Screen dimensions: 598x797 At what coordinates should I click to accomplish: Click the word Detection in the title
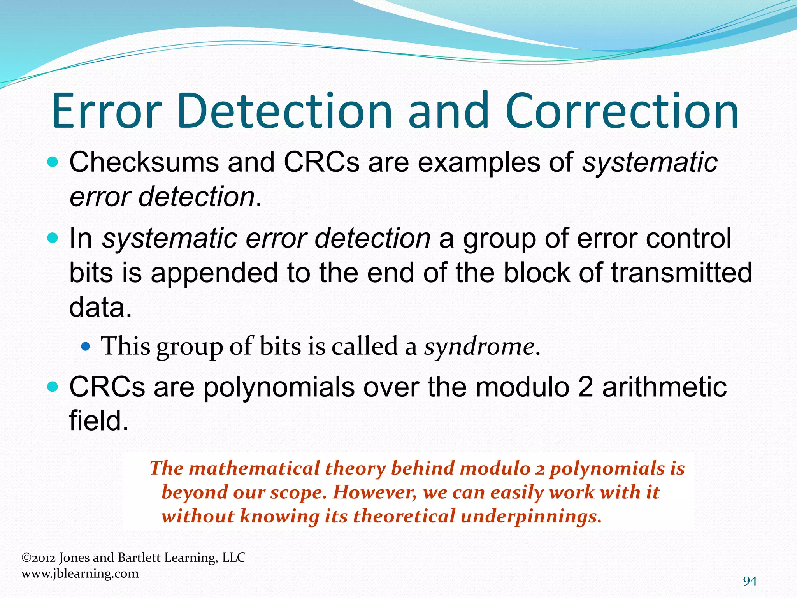284,111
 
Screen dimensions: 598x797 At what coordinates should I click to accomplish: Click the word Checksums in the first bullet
144,162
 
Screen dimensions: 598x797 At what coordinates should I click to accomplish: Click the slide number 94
750,581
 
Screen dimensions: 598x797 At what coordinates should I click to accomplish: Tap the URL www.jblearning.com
80,573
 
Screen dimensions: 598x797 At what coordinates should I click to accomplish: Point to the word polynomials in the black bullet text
279,388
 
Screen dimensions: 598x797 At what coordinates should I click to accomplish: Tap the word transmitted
681,273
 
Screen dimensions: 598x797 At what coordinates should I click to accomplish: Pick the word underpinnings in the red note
531,517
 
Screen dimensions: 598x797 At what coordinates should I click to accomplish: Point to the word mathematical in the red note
254,468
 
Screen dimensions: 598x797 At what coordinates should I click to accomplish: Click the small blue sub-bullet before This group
86,346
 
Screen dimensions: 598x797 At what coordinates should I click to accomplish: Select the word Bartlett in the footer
139,558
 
